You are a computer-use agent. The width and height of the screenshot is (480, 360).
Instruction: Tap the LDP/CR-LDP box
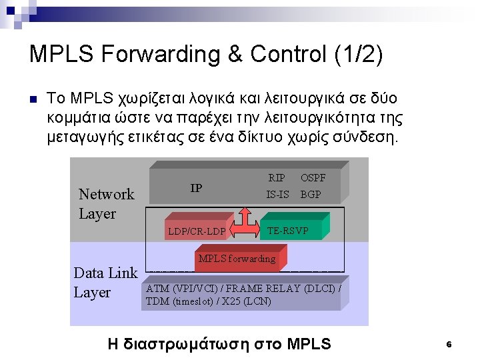tap(197, 232)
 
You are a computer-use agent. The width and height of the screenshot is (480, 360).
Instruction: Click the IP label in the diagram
tap(196, 188)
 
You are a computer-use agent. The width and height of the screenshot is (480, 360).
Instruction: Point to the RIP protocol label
tap(277, 178)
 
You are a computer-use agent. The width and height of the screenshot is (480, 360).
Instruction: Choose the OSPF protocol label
tap(313, 178)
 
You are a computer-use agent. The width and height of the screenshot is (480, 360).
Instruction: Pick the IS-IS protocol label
tap(277, 195)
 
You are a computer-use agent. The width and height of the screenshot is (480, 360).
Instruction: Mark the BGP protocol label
tap(311, 195)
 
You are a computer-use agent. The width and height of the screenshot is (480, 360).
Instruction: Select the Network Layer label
tap(106, 203)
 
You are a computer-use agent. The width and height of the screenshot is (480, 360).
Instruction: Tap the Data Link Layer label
tap(105, 282)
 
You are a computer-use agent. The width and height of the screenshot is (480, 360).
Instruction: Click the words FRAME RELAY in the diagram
tap(265, 289)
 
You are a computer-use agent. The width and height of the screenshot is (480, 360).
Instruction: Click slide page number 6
tap(449, 345)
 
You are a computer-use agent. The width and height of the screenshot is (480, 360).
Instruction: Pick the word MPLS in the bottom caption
tap(309, 344)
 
